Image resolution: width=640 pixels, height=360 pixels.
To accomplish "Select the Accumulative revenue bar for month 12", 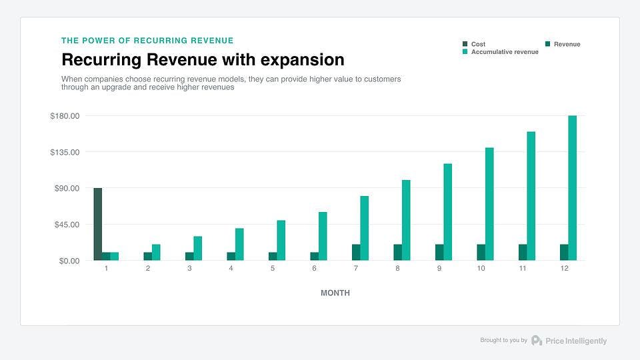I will pyautogui.click(x=572, y=188).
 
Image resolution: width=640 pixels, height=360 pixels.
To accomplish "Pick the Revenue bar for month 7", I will pyautogui.click(x=356, y=252).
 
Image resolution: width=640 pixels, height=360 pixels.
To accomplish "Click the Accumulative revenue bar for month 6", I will pyautogui.click(x=323, y=236).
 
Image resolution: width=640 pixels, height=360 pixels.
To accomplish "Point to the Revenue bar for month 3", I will pyautogui.click(x=189, y=256).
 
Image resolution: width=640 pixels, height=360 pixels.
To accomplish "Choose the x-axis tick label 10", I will pyautogui.click(x=481, y=268).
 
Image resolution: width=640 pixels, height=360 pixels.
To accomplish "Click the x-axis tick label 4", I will pyautogui.click(x=231, y=268).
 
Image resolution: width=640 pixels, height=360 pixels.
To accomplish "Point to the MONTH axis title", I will pyautogui.click(x=335, y=293).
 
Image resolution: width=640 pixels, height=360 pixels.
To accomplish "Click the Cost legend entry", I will pyautogui.click(x=478, y=44).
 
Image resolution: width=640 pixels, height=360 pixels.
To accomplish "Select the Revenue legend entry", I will pyautogui.click(x=567, y=44).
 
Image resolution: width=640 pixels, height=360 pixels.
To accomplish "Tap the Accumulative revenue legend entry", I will pyautogui.click(x=505, y=52).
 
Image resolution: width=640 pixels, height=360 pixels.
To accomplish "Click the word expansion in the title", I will pyautogui.click(x=303, y=60).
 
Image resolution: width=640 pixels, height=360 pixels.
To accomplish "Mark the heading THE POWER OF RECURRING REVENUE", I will pyautogui.click(x=147, y=41).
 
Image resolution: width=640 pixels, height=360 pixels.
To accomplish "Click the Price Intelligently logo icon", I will pyautogui.click(x=537, y=340).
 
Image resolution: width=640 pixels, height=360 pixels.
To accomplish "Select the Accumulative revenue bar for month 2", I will pyautogui.click(x=156, y=252).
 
